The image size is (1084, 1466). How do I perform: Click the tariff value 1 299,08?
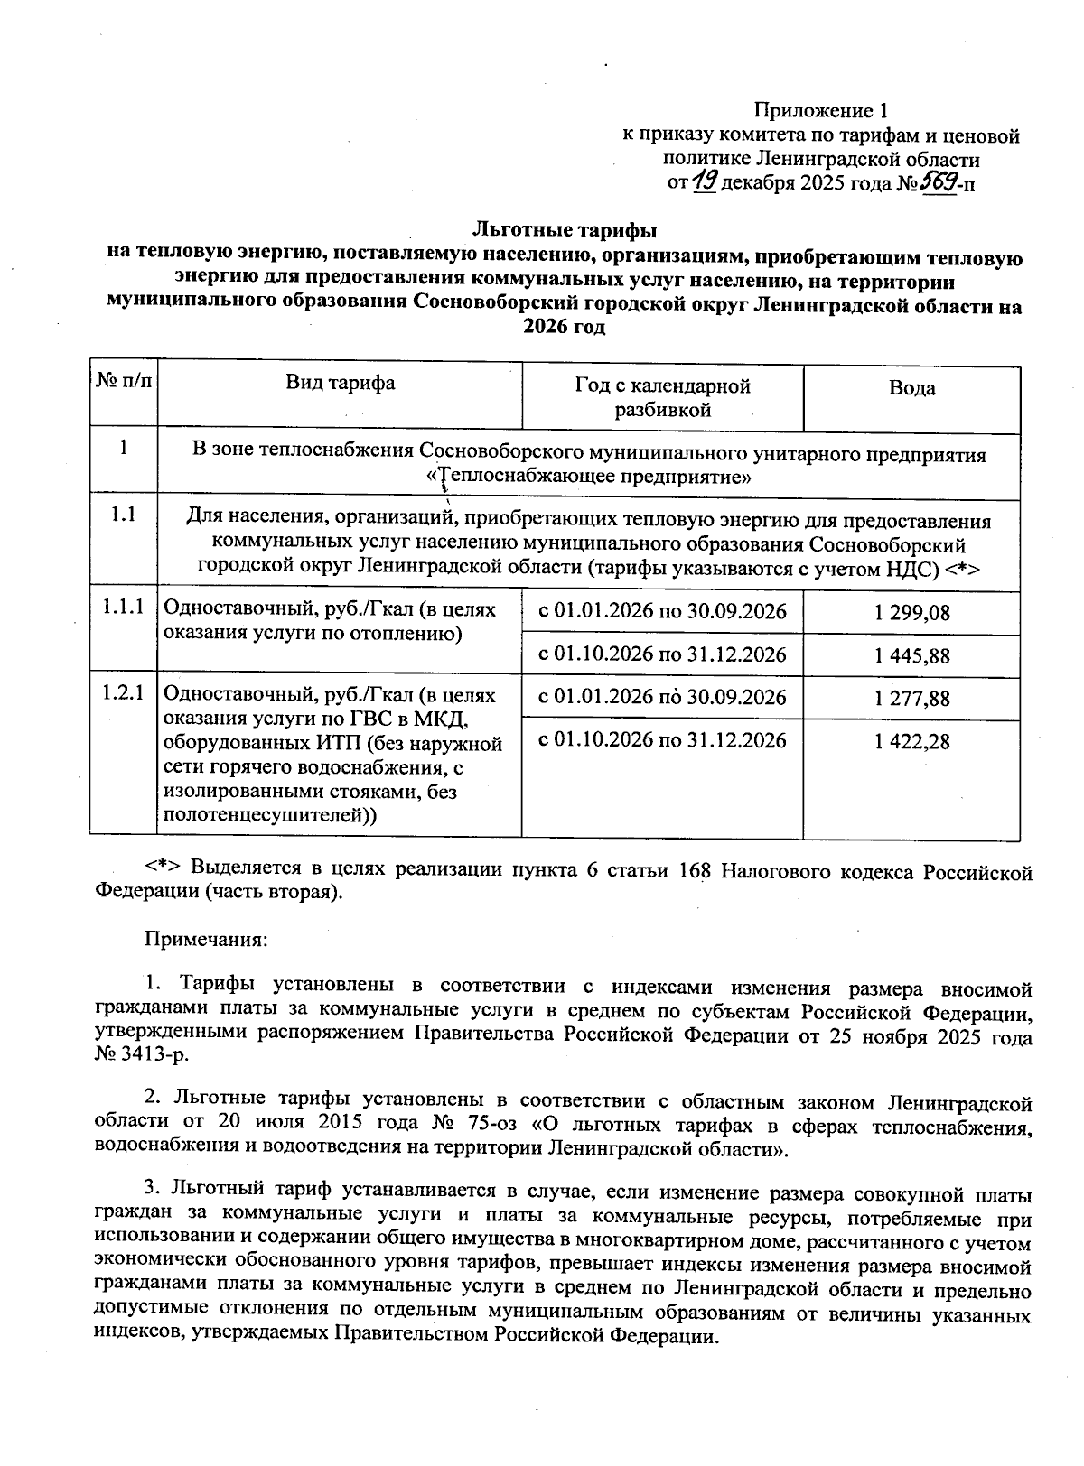(x=911, y=613)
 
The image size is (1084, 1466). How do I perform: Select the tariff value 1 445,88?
(x=911, y=656)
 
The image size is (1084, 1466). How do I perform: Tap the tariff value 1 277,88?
(x=911, y=699)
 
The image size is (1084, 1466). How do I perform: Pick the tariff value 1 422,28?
(x=911, y=742)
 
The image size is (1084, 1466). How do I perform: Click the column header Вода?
(x=911, y=388)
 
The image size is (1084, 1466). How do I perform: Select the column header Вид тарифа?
(x=341, y=383)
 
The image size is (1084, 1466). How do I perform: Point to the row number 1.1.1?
(x=123, y=608)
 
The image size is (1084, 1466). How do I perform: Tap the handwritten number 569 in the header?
(x=938, y=183)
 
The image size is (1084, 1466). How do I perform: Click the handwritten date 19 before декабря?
(x=705, y=183)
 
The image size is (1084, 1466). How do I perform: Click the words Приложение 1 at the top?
(x=821, y=111)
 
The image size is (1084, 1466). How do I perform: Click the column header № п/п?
(x=123, y=382)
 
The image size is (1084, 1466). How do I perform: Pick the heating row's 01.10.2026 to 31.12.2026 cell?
(x=662, y=654)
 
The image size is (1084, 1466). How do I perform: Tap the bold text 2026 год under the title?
(x=564, y=327)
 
